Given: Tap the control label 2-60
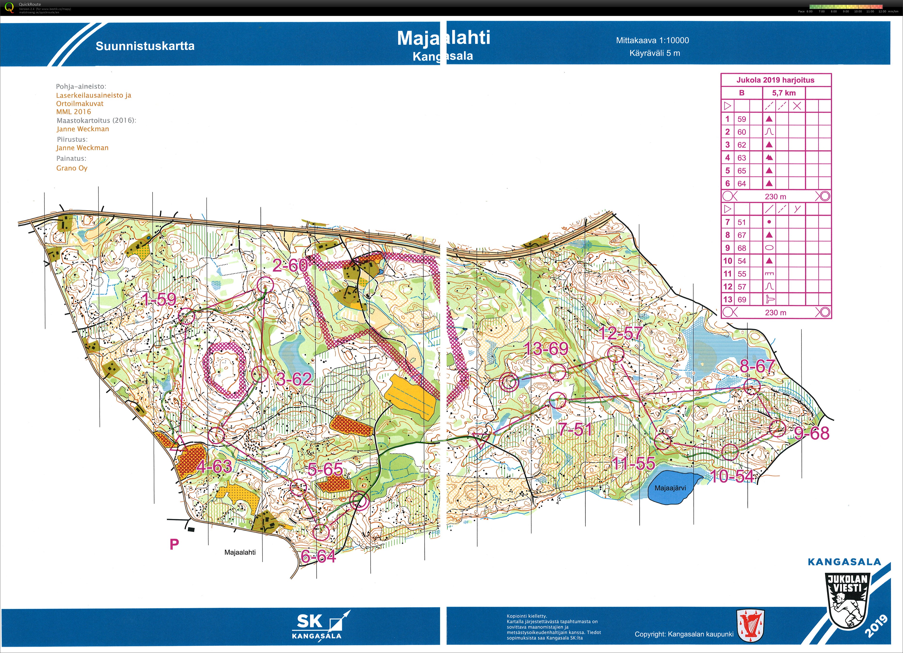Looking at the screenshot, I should [x=290, y=265].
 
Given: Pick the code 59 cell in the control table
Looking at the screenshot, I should [x=741, y=119].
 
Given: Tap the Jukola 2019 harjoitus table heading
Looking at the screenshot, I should [x=775, y=80].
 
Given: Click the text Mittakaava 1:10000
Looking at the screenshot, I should [x=652, y=40].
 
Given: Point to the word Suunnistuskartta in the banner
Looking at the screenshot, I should [x=145, y=46].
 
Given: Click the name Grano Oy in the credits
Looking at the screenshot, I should [x=72, y=168].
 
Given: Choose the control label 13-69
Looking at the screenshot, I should [x=546, y=349].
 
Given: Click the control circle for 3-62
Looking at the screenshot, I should [x=260, y=374].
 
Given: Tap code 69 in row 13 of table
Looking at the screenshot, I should [x=741, y=299].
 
